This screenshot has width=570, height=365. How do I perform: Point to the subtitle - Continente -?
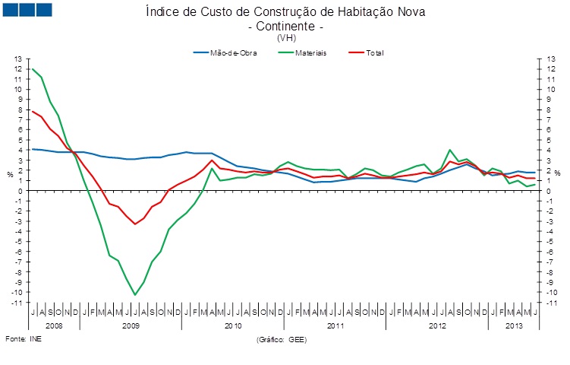pyautogui.click(x=286, y=26)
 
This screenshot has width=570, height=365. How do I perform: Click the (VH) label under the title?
pyautogui.click(x=286, y=37)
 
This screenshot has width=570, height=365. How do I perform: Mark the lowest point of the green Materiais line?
pyautogui.click(x=135, y=294)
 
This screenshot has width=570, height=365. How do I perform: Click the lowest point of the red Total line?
pyautogui.click(x=135, y=224)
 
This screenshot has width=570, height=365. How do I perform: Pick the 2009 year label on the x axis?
pyautogui.click(x=131, y=325)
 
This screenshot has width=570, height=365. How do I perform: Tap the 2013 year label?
pyautogui.click(x=513, y=325)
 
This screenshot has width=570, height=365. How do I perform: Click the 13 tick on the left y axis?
pyautogui.click(x=19, y=59)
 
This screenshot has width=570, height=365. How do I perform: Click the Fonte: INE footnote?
pyautogui.click(x=24, y=338)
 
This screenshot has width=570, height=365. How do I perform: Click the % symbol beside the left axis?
pyautogui.click(x=10, y=174)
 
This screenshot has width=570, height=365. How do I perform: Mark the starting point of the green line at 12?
pyautogui.click(x=33, y=69)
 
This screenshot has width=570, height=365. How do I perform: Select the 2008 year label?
pyautogui.click(x=54, y=325)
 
